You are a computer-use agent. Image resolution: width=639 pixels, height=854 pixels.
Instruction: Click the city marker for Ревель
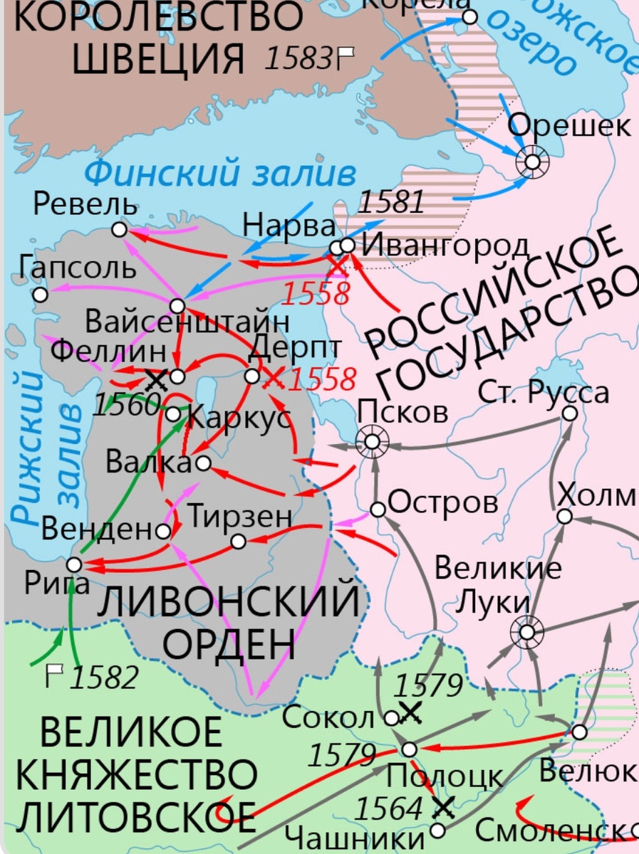coord(119,230)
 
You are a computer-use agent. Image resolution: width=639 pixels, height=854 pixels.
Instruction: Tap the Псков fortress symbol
coord(372,442)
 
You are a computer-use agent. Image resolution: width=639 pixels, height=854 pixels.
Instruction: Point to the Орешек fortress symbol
coord(532,163)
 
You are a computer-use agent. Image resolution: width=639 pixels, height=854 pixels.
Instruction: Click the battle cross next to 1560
coord(156,379)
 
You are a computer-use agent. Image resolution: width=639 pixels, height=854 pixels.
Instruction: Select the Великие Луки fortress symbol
coord(526,631)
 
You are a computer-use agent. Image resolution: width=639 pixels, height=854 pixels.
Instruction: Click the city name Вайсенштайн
coord(187,322)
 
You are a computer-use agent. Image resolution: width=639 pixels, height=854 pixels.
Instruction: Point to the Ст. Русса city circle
coord(569,413)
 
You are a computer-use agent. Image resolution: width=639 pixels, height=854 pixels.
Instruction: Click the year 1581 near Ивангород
coord(390,203)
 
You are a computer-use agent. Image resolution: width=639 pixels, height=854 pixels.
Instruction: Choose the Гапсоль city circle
coord(41,294)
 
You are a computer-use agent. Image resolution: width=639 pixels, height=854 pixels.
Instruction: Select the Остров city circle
coord(378,510)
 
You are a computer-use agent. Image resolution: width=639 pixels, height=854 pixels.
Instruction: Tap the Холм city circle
coord(564,516)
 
